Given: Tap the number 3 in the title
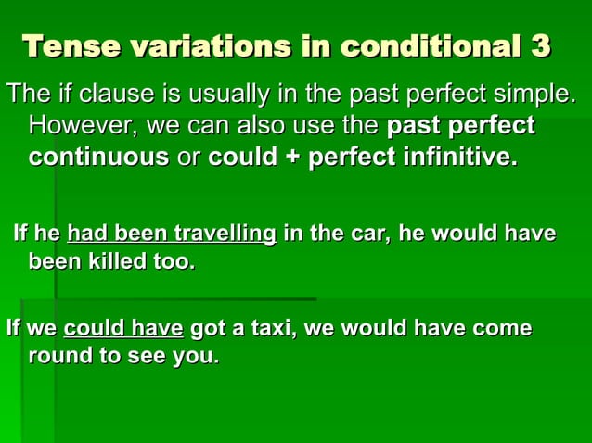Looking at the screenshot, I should click(541, 45).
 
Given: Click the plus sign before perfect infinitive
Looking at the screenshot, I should click(291, 157).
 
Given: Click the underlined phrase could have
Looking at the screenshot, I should click(123, 328).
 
